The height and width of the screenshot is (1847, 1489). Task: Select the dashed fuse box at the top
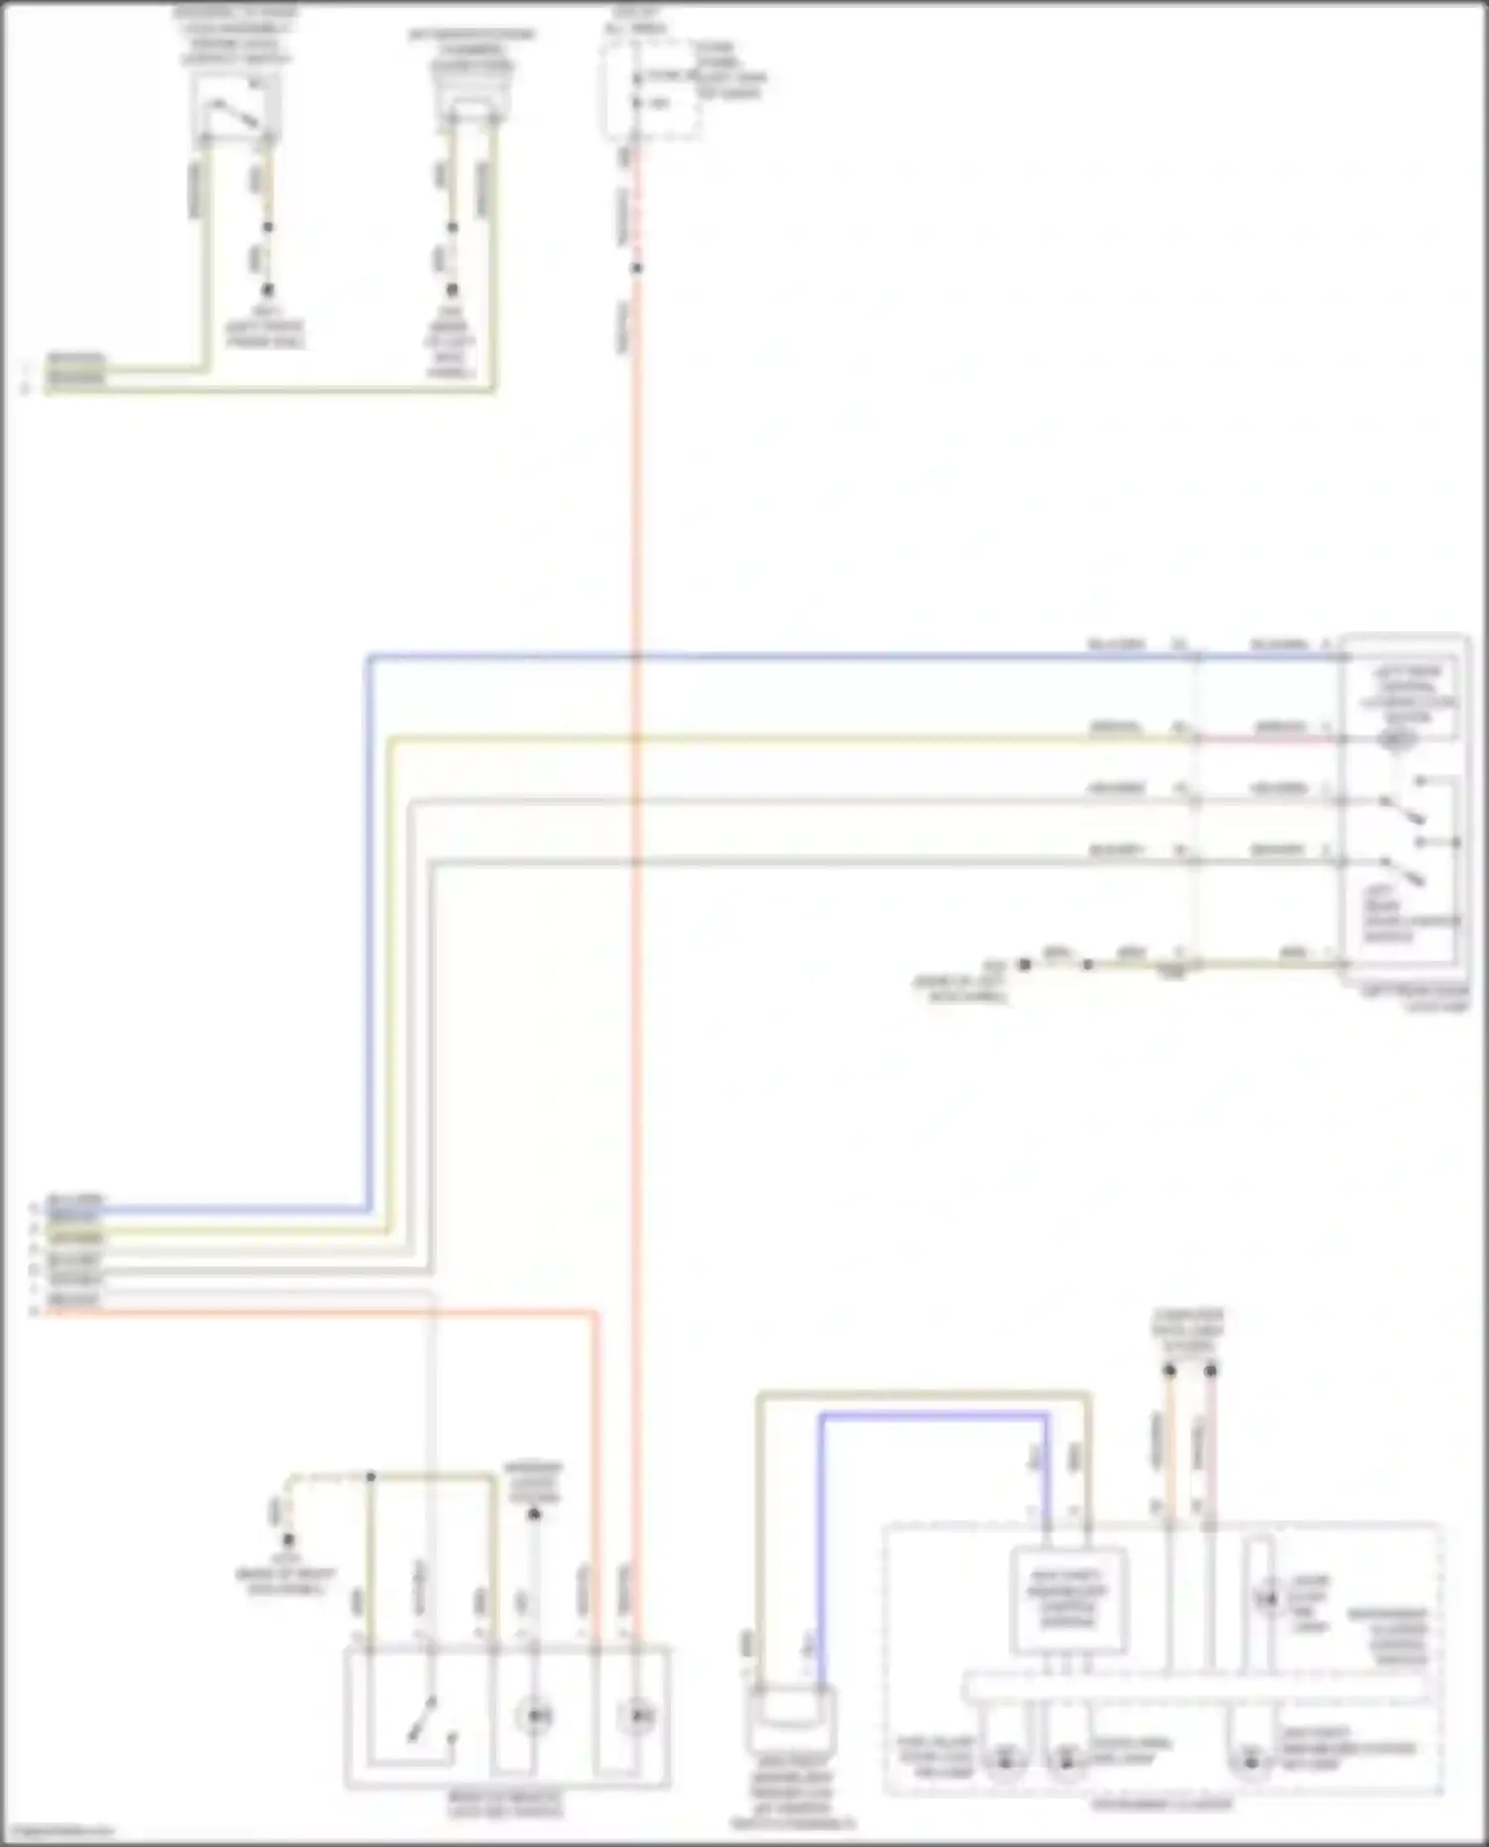tap(652, 89)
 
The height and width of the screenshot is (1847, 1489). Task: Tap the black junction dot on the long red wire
tap(636, 268)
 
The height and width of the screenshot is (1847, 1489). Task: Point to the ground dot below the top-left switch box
tap(266, 291)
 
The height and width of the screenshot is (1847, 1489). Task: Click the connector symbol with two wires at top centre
tap(473, 99)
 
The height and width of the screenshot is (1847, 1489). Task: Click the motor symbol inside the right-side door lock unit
tap(1398, 739)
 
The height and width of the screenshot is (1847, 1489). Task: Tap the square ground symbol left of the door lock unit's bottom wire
tap(1023, 964)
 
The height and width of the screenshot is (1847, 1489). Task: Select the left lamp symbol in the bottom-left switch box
tap(534, 1715)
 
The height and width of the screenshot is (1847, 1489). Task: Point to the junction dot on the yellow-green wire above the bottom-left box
tap(370, 1477)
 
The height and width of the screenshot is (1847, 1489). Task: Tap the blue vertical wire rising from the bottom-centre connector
tap(822, 1548)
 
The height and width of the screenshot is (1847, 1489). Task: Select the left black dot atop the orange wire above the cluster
tap(1169, 1371)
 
